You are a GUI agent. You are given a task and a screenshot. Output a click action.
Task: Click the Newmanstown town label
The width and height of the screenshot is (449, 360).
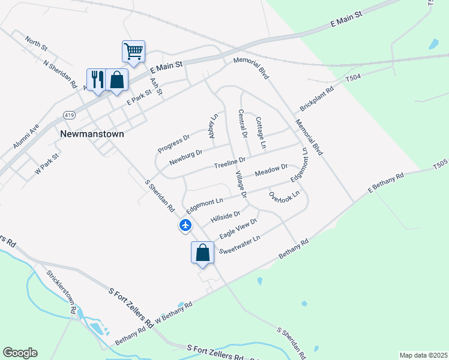92,134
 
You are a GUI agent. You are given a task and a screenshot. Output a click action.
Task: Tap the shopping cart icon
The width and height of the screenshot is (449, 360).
133,50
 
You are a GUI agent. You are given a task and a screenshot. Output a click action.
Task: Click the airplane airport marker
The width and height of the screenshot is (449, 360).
185,226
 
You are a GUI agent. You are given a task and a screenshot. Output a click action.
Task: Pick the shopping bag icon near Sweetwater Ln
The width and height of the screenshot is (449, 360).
203,252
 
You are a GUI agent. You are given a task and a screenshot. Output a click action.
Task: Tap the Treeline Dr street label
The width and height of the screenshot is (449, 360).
231,162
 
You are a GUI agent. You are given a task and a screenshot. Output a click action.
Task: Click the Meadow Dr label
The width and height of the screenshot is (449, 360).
271,170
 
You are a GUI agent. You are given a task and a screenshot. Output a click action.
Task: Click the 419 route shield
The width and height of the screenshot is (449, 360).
69,114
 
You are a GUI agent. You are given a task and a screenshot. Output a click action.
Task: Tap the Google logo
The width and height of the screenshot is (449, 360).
20,353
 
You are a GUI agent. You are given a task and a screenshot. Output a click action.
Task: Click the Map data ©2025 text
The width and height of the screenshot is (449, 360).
423,355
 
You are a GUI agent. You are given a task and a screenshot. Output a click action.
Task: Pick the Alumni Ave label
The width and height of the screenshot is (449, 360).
26,137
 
